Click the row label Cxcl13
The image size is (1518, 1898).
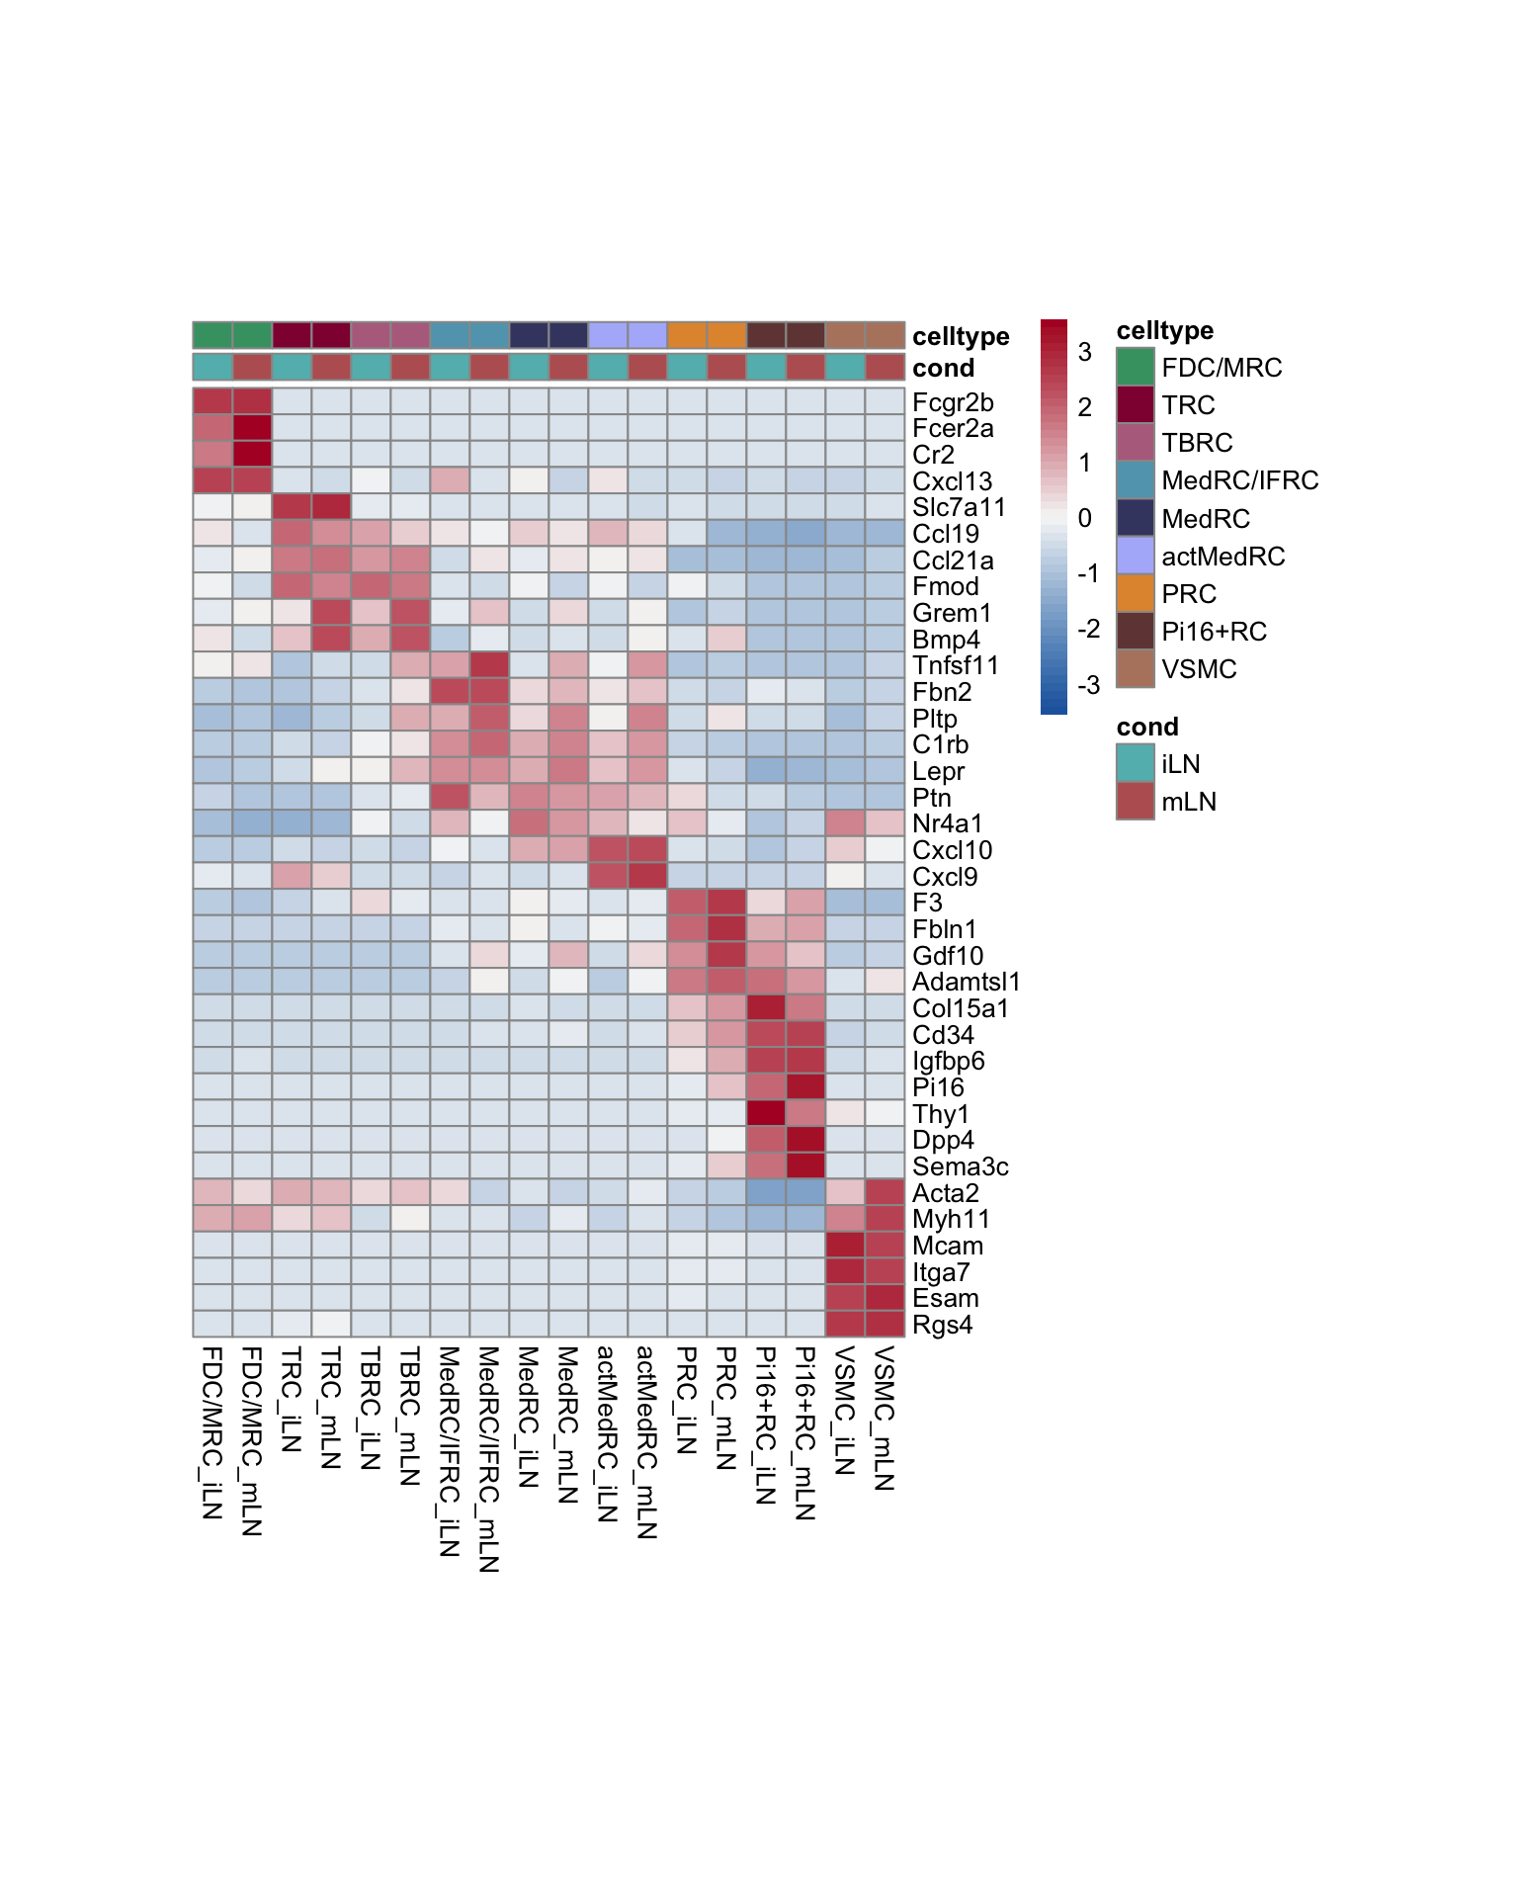click(952, 481)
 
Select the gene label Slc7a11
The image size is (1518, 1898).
click(959, 508)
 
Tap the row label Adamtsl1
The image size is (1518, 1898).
click(966, 983)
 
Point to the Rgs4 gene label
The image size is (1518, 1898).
click(942, 1326)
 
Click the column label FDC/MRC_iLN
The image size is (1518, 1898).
click(211, 1432)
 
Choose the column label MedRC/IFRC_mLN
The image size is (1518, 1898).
click(488, 1458)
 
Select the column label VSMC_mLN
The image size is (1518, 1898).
click(884, 1418)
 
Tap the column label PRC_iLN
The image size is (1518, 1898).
click(686, 1400)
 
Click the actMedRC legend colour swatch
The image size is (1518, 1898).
click(1136, 556)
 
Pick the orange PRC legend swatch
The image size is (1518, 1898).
click(1136, 593)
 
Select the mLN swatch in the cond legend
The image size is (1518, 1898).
click(1136, 801)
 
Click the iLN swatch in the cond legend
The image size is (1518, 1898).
click(1136, 763)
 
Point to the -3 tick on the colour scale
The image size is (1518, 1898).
click(1088, 685)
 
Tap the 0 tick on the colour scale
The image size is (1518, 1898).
click(1085, 518)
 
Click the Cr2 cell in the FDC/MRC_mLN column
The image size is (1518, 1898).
click(252, 455)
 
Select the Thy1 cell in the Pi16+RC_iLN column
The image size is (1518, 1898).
click(766, 1114)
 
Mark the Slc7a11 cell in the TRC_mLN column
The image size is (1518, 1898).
click(331, 507)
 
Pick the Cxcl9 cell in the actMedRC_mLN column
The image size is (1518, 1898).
click(647, 877)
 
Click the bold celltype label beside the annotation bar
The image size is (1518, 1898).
click(961, 336)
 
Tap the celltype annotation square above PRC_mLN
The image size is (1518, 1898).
click(726, 335)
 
